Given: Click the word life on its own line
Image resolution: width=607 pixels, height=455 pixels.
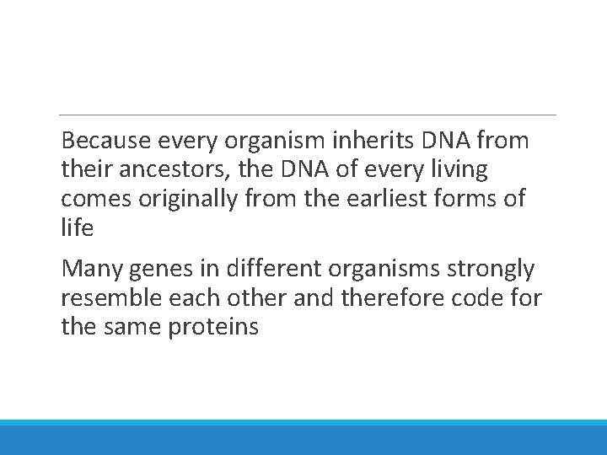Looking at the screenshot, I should [x=77, y=227].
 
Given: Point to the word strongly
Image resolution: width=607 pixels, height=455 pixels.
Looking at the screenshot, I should [x=495, y=270].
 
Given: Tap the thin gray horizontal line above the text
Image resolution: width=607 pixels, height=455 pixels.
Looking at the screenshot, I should [x=308, y=115].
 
